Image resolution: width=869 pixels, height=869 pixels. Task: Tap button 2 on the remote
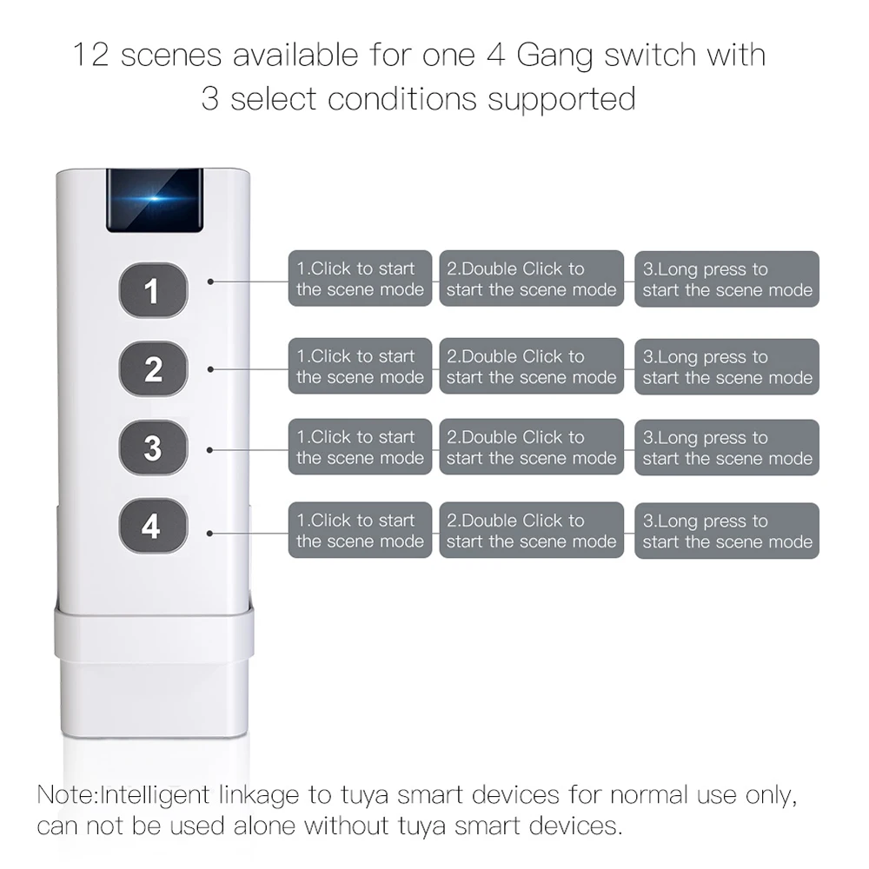tap(153, 369)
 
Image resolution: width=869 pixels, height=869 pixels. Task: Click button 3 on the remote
tap(153, 448)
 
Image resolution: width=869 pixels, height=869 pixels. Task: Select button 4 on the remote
tap(152, 527)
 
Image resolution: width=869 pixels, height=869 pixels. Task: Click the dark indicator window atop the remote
tap(155, 201)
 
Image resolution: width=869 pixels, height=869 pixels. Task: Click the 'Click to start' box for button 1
tap(360, 279)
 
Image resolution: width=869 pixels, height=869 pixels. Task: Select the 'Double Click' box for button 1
tap(531, 279)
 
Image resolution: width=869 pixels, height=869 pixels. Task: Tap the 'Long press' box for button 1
tap(726, 280)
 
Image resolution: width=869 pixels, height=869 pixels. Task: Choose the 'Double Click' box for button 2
tap(531, 367)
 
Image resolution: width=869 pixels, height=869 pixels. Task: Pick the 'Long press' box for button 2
tap(726, 367)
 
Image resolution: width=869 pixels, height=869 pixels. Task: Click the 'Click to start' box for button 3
tap(360, 448)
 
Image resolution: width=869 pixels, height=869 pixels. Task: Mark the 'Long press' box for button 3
tap(726, 448)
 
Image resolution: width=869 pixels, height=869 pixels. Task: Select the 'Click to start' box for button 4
tap(360, 530)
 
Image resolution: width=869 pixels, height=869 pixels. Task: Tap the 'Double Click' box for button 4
tap(531, 530)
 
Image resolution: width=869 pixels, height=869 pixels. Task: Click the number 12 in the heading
tap(90, 56)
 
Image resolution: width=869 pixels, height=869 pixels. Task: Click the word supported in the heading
tap(561, 99)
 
